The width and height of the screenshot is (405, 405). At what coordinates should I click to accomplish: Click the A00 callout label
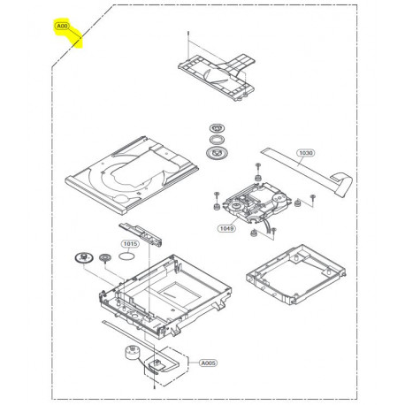62,27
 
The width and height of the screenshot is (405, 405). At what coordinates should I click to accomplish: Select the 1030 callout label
306,153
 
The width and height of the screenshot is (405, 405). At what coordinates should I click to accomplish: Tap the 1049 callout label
226,228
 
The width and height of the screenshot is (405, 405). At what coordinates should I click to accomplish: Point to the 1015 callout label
130,244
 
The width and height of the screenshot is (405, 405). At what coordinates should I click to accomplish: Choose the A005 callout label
209,363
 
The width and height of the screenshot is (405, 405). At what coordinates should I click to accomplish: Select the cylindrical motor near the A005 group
132,354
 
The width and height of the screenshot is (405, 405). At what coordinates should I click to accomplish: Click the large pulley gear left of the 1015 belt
83,257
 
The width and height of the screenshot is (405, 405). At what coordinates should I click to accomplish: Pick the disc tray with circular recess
132,176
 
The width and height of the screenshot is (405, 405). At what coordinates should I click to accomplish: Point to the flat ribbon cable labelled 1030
307,172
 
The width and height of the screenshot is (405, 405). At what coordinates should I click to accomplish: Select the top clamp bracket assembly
217,77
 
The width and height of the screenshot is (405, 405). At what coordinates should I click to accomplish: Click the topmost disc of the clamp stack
217,128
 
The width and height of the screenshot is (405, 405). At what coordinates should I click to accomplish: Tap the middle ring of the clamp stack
217,140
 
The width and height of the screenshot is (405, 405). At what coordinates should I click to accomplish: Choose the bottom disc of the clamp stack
217,153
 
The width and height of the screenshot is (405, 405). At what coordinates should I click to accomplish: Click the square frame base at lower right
296,274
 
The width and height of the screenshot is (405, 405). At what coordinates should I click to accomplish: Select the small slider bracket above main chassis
141,234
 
